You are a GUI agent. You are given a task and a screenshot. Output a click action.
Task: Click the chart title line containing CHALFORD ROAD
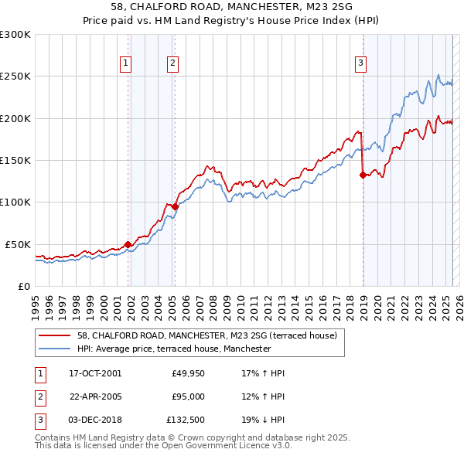point(231,9)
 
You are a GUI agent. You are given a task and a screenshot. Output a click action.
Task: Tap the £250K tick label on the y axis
point(15,77)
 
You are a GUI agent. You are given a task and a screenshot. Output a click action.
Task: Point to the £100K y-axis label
point(15,202)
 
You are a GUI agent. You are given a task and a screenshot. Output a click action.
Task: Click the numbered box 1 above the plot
point(126,64)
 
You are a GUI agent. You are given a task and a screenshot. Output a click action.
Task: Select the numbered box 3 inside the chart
point(361,64)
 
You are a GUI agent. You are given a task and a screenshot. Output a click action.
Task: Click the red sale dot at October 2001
point(128,245)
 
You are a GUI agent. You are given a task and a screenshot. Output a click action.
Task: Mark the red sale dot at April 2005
point(176,206)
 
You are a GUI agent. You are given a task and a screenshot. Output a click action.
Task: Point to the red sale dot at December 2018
point(362,175)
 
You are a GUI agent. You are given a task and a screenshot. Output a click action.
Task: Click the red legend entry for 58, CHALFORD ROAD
point(206,336)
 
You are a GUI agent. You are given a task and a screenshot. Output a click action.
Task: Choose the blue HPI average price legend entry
point(174,349)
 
